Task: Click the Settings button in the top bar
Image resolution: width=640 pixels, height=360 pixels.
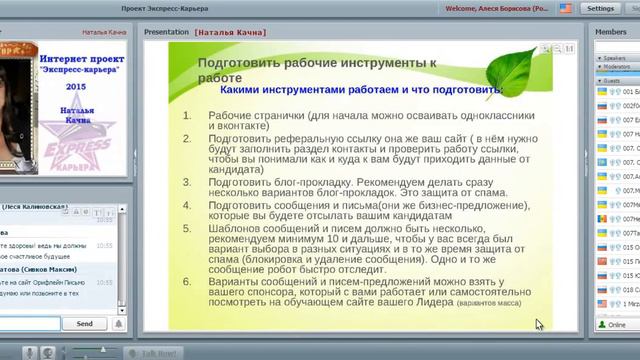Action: click(601, 8)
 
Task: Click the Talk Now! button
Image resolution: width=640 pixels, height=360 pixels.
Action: click(159, 353)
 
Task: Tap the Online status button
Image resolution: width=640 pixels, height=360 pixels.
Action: click(612, 325)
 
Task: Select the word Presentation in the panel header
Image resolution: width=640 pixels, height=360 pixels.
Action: click(166, 32)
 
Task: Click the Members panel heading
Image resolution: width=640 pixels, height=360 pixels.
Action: click(611, 32)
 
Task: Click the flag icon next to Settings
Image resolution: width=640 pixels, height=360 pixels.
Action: click(566, 8)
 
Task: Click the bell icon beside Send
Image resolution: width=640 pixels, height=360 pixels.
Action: click(118, 323)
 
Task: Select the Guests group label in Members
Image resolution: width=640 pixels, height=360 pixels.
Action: click(612, 80)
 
